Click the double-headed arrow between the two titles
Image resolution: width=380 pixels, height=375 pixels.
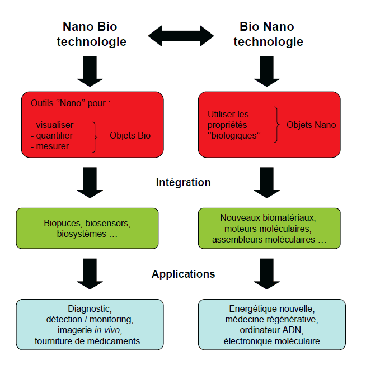tap(181, 36)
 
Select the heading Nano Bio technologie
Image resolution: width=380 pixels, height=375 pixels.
tap(91, 34)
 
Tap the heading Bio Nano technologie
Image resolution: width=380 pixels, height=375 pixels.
tap(268, 34)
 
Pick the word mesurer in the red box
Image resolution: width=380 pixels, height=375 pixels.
tap(51, 146)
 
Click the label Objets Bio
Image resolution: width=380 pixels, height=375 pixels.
tap(130, 135)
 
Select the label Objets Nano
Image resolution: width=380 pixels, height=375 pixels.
tap(311, 124)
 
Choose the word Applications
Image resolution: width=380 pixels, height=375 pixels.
tap(184, 274)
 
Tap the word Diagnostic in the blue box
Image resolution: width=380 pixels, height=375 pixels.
tap(90, 308)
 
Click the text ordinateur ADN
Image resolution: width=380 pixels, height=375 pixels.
tap(272, 330)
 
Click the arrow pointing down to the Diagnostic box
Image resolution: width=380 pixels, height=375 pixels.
tap(90, 273)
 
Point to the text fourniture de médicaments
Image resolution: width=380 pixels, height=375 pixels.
tap(90, 340)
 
